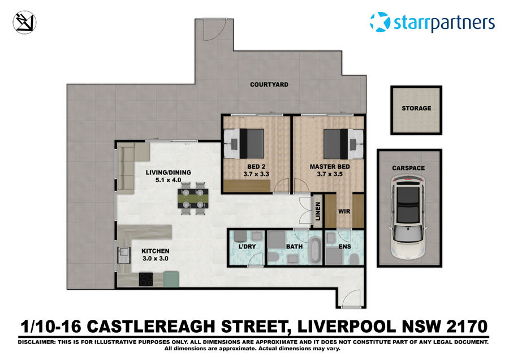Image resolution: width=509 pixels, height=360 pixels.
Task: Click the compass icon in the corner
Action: pos(24,22)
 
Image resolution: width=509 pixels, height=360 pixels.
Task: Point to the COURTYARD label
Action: pos(269,85)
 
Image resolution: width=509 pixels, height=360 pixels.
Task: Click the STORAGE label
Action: pos(416,108)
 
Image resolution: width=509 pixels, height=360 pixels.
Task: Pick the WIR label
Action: pos(344,211)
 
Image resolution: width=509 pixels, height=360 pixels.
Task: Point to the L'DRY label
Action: pos(247,247)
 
